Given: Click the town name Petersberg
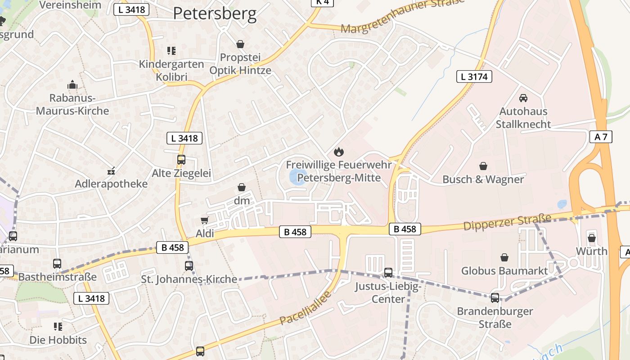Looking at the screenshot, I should tap(215, 13).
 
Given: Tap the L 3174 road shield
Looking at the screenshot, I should tap(474, 76).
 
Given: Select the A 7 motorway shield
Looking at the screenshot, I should tap(601, 137).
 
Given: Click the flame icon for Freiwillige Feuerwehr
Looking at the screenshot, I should tap(338, 152).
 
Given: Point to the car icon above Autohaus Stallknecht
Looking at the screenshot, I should tap(523, 98).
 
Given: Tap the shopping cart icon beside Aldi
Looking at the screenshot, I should tap(205, 220).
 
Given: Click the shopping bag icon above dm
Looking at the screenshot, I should tap(242, 187).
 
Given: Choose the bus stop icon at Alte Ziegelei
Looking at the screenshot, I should tap(181, 160).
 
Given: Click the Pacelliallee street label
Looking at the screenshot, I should tap(306, 308).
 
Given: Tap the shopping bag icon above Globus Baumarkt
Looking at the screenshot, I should tap(504, 257).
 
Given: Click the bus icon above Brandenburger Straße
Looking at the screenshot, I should tap(495, 297).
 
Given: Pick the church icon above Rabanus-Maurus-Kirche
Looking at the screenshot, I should tap(72, 85).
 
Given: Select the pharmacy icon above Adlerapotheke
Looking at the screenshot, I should tap(111, 171).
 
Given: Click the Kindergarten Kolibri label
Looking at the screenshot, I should tap(171, 70).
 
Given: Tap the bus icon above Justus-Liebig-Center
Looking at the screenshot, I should tap(388, 272).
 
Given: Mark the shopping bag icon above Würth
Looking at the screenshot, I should tap(592, 238).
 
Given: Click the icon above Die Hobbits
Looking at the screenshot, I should tap(58, 326).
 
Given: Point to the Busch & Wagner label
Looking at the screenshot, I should tap(483, 179).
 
